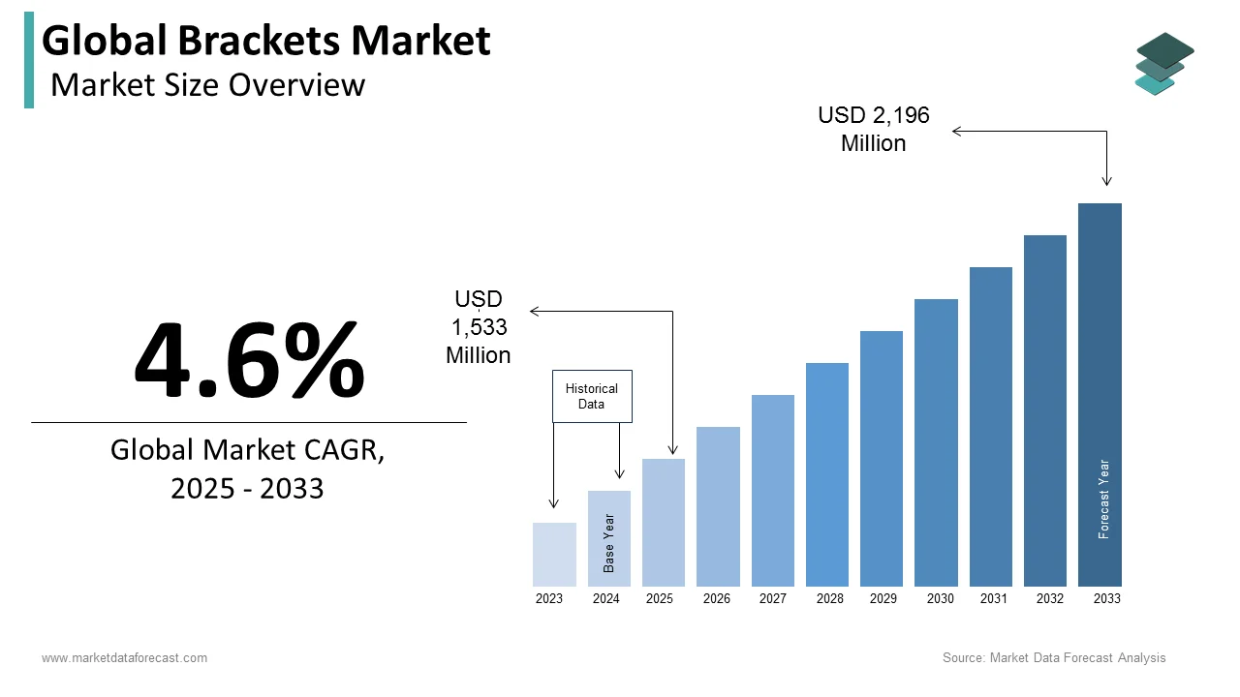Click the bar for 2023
(554, 554)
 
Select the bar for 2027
(772, 490)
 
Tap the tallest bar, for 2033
(1100, 394)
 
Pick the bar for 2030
(936, 442)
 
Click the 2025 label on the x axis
(660, 599)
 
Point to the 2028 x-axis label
(829, 599)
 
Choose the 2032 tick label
(1050, 599)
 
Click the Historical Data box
(592, 396)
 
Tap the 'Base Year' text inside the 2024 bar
(609, 542)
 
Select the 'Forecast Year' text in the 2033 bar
(1103, 499)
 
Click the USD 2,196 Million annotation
(874, 129)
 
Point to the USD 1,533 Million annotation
(479, 327)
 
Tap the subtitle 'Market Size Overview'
(207, 85)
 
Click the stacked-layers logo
(1164, 64)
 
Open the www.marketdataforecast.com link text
(124, 658)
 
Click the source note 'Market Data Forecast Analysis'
(1077, 658)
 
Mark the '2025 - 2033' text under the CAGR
(247, 489)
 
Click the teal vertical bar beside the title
(29, 60)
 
